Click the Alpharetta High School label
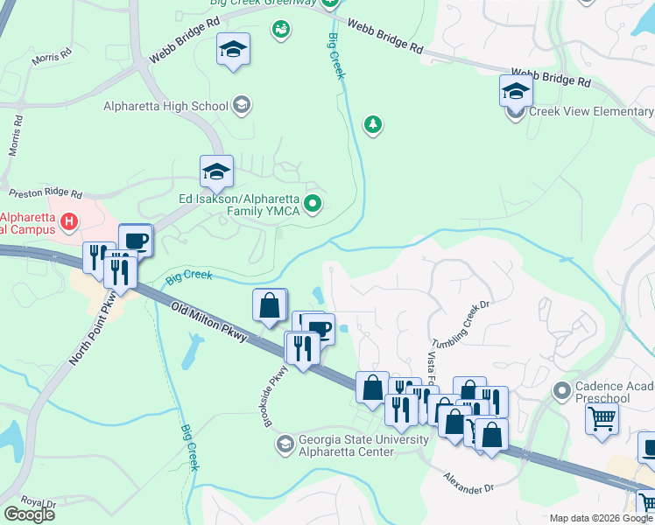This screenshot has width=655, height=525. (166, 107)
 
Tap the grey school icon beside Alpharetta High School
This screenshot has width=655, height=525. (242, 107)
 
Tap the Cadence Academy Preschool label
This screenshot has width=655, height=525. (613, 393)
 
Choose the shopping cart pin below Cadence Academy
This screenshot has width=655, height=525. (602, 418)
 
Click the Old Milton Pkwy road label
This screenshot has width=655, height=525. (209, 323)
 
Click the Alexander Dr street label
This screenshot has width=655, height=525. (469, 482)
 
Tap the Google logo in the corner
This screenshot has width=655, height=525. (29, 514)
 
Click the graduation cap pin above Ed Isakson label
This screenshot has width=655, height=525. (216, 171)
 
